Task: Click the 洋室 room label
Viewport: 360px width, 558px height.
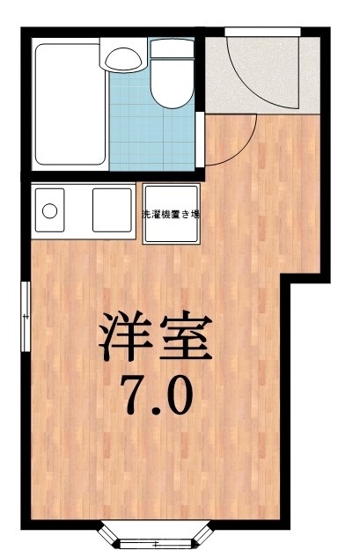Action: click(x=155, y=339)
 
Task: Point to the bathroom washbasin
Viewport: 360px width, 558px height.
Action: click(x=121, y=58)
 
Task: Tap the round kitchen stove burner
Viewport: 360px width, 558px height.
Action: click(x=50, y=211)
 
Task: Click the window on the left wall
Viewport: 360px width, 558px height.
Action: click(x=26, y=313)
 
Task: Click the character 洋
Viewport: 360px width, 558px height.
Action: click(x=123, y=339)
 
